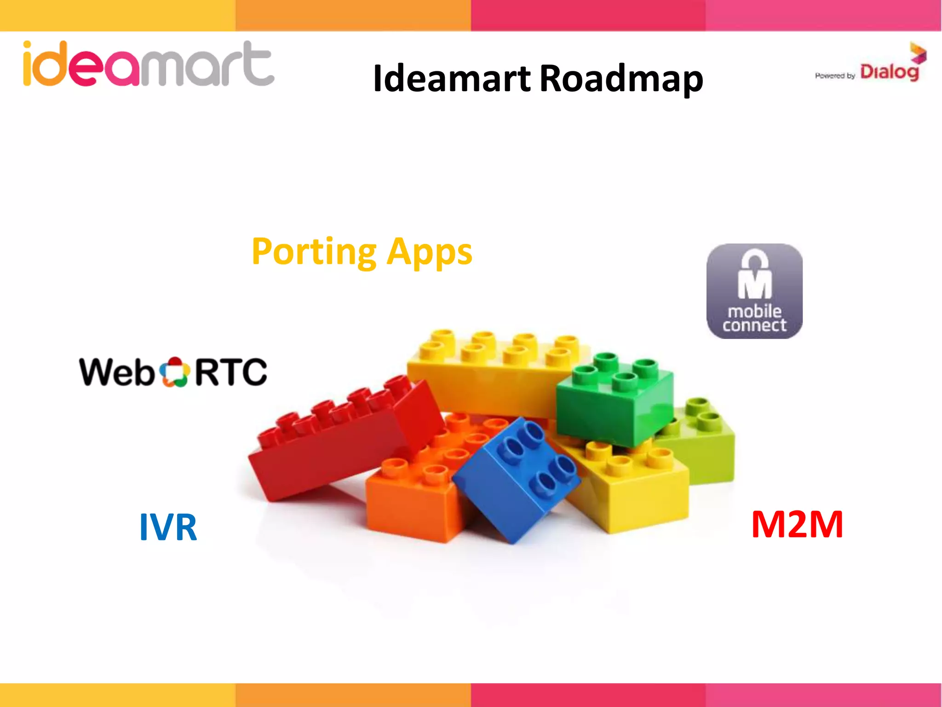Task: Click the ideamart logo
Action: tap(148, 64)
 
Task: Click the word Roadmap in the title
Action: tap(621, 79)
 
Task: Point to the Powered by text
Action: tap(834, 76)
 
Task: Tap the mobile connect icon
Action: tap(754, 291)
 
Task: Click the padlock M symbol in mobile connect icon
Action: tap(754, 276)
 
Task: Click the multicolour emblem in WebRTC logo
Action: tap(174, 372)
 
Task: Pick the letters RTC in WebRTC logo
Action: tap(231, 372)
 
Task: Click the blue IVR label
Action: tap(168, 527)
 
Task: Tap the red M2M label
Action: tap(797, 525)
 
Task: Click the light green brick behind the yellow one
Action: tap(706, 442)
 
